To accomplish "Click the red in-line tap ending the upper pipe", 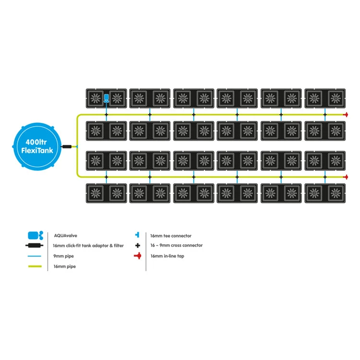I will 345,115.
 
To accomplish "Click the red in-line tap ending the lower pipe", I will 345,177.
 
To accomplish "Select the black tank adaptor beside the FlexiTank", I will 67,146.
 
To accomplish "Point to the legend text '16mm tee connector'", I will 170,236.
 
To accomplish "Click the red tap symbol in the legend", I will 138,256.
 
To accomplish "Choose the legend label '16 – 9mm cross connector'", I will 176,245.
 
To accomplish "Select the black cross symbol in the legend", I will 138,245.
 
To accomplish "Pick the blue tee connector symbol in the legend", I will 138,235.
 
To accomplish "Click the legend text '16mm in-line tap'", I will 167,256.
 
